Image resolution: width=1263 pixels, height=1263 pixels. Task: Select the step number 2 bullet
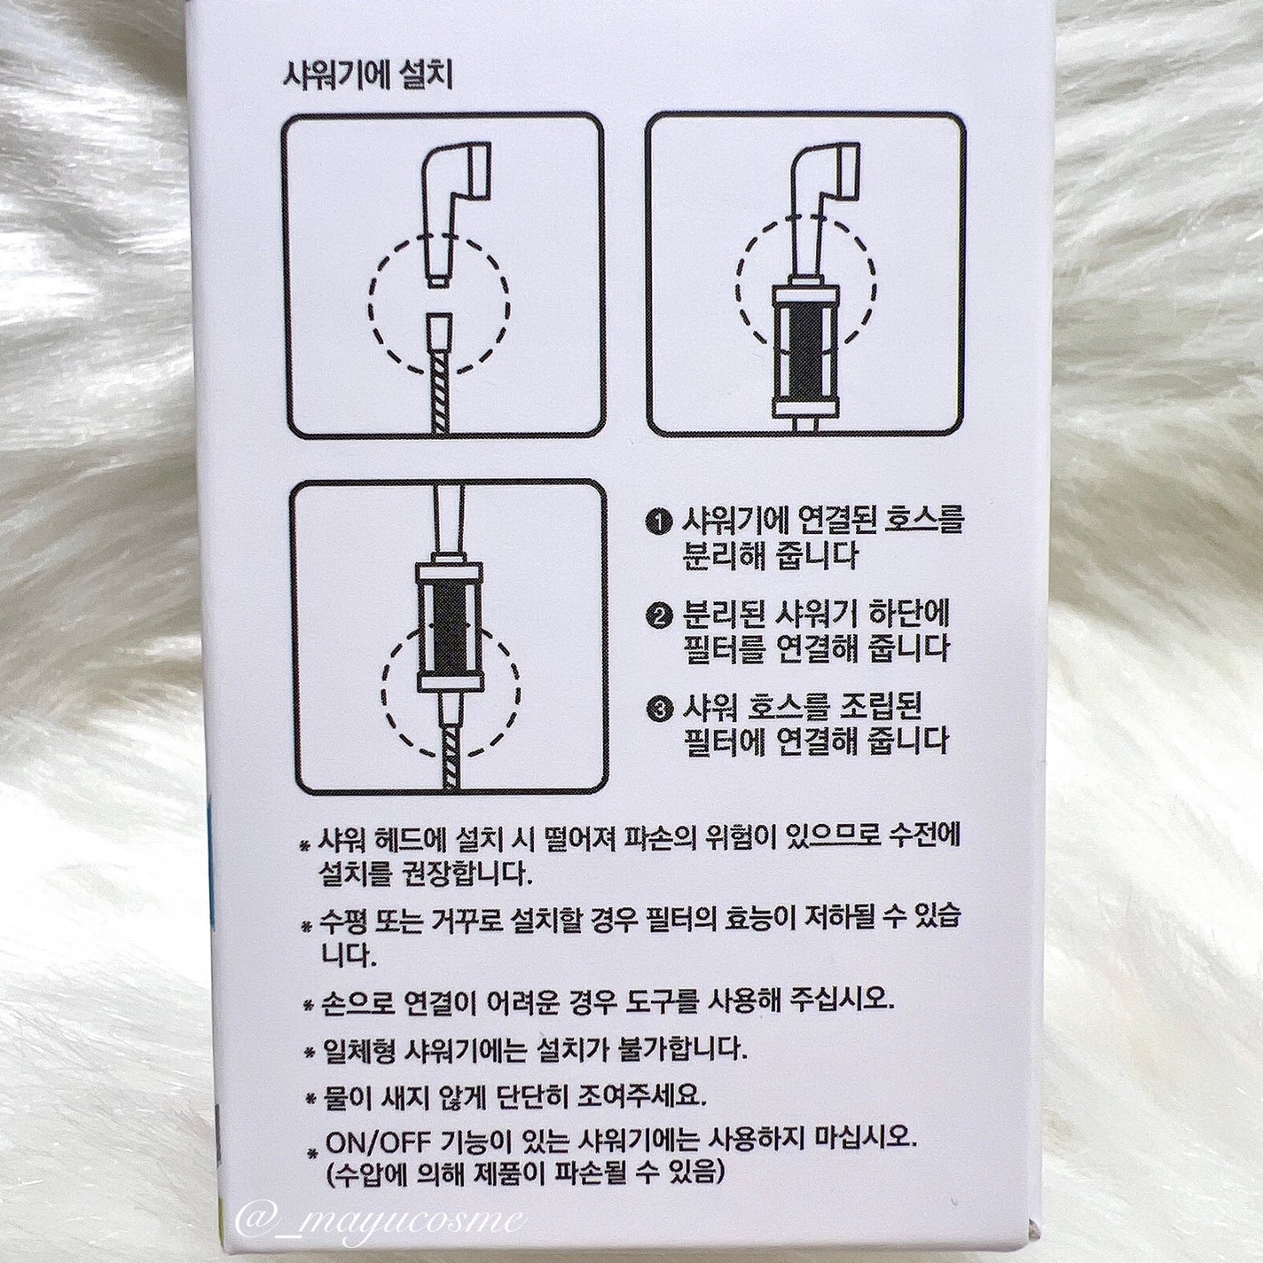point(659,616)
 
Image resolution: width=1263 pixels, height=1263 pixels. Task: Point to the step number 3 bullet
point(659,710)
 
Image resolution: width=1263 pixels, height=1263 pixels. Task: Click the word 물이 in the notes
point(349,1096)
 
